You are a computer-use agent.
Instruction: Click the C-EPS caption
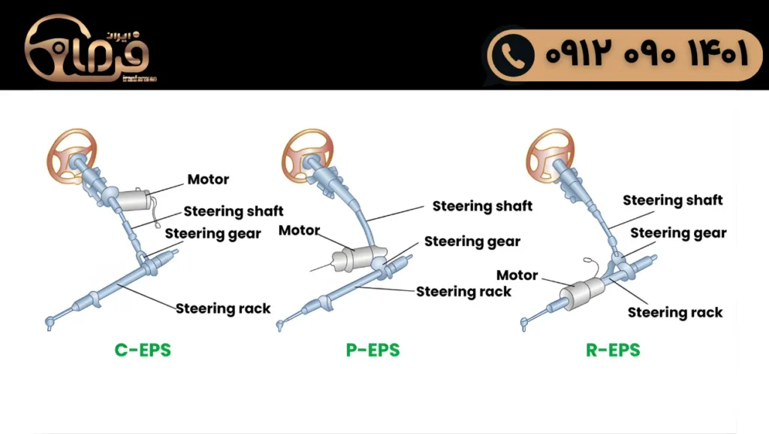pos(143,351)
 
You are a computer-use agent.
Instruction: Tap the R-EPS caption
pos(613,351)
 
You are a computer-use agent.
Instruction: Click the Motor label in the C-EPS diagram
pos(208,180)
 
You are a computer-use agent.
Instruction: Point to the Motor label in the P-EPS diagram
pos(299,231)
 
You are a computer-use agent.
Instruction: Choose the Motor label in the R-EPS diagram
pos(517,275)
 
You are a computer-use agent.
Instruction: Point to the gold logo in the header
pos(89,50)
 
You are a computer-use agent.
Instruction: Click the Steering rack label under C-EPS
pos(223,308)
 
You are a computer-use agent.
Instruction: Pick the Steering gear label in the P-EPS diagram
pos(472,242)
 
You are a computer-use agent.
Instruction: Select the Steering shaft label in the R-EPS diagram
pos(672,200)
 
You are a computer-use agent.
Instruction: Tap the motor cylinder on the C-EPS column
pos(133,200)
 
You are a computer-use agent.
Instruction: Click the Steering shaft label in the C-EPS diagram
pos(234,211)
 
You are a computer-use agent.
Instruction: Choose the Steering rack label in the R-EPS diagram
pos(674,312)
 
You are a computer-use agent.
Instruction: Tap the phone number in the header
pos(647,55)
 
